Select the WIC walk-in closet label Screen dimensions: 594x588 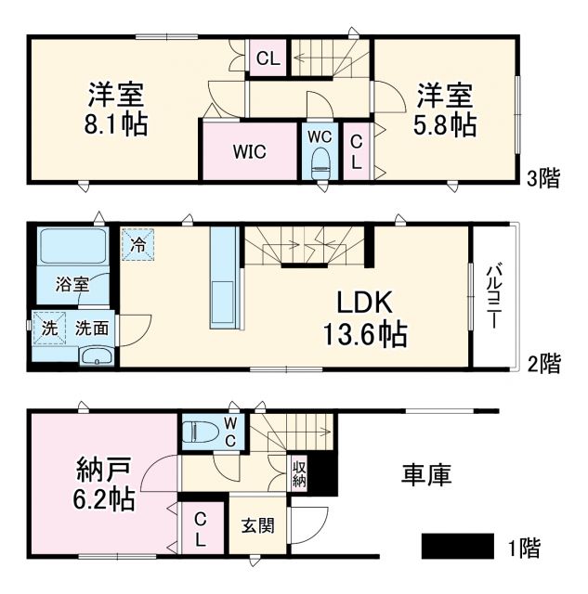(x=250, y=152)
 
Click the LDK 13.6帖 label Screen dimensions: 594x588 (x=365, y=317)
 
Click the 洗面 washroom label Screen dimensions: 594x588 (x=91, y=328)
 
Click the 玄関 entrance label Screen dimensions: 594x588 (x=258, y=525)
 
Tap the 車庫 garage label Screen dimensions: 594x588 (x=426, y=475)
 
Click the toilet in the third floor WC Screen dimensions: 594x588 (x=320, y=165)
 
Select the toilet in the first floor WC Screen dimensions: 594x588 (x=200, y=432)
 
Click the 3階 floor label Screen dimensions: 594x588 (x=542, y=179)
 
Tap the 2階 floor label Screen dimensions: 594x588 (x=542, y=364)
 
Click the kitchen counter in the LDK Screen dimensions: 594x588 (x=224, y=278)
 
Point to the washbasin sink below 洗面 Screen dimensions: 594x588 (x=94, y=356)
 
